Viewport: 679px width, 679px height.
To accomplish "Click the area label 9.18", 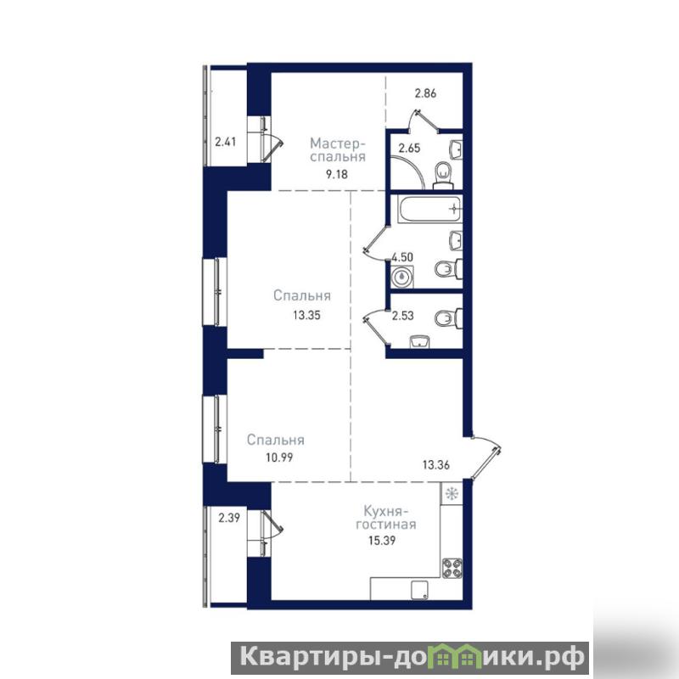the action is coord(337,175).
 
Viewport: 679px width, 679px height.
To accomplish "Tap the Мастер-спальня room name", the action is coord(338,150).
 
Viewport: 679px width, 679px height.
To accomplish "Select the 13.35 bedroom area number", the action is coord(306,315).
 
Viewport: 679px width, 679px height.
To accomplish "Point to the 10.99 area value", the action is coord(279,457).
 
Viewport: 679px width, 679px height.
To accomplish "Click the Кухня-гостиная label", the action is coord(386,518).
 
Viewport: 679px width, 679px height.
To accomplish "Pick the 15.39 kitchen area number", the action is coord(382,541).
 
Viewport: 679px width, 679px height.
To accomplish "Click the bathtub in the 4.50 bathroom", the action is coord(429,209).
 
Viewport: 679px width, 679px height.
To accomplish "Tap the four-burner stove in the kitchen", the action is coord(452,568).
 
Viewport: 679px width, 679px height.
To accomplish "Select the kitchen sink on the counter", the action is coord(419,591).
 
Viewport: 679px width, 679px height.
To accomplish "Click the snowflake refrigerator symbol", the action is coord(452,494).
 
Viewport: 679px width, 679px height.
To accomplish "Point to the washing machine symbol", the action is coord(402,277).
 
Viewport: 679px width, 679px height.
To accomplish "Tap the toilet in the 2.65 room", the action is coord(443,175).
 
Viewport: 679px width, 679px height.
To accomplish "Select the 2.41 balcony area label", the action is coord(225,142).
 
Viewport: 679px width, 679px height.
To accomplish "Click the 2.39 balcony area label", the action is coord(228,518).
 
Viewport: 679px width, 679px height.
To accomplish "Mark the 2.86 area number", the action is coord(425,93).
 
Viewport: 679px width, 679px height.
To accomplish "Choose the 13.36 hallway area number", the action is coord(436,465).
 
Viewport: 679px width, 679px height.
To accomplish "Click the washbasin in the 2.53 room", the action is coord(419,342).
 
